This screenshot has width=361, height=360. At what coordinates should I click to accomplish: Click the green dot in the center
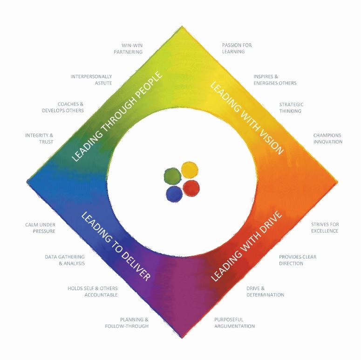(172, 176)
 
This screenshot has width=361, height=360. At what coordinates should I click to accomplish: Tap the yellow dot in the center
(190, 170)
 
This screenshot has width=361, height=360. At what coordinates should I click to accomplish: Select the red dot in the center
(191, 188)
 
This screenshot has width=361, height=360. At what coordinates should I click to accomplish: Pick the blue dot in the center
(174, 194)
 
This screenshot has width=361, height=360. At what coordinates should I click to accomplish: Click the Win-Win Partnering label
(128, 49)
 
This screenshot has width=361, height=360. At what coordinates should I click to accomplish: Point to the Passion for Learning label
(237, 48)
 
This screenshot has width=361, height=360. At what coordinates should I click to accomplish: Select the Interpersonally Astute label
(91, 80)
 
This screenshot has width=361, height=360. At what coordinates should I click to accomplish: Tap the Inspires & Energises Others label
(275, 80)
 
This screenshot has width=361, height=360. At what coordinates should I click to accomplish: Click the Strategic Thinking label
(291, 108)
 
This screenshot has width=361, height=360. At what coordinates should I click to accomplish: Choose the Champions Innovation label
(328, 139)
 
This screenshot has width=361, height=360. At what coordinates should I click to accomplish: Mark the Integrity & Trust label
(40, 139)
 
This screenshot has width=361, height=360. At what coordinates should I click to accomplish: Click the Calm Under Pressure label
(40, 228)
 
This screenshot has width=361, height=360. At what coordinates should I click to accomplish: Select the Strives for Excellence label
(325, 228)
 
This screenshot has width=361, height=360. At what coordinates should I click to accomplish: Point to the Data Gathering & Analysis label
(65, 260)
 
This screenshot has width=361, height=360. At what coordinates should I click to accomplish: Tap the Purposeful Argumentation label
(234, 323)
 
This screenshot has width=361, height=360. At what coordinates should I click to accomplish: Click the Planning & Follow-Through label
(127, 323)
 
